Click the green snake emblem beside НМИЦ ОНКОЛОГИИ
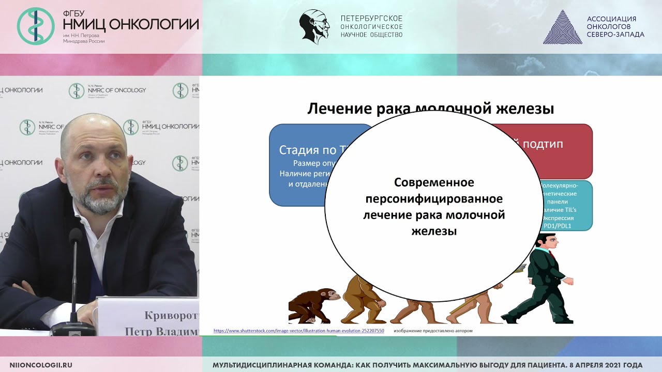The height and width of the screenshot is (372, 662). point(36,26)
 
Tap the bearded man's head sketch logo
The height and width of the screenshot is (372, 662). point(314,26)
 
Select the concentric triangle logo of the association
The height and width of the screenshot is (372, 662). point(562,27)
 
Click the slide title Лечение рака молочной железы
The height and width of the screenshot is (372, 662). point(431,109)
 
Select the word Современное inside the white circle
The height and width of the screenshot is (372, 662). point(434,182)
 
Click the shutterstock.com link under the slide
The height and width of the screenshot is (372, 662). point(298,330)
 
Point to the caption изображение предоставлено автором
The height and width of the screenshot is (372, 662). point(433,331)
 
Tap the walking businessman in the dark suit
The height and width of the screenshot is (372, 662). point(540,279)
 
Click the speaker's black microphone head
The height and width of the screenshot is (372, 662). point(76,237)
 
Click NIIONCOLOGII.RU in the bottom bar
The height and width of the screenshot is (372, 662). point(41,365)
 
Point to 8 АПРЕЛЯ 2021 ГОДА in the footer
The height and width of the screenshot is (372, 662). point(599,365)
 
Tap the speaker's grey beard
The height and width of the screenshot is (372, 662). point(103,199)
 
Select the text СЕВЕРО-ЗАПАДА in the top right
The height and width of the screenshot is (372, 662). point(615,35)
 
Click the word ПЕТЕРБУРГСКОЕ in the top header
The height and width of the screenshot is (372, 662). point(371,19)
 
